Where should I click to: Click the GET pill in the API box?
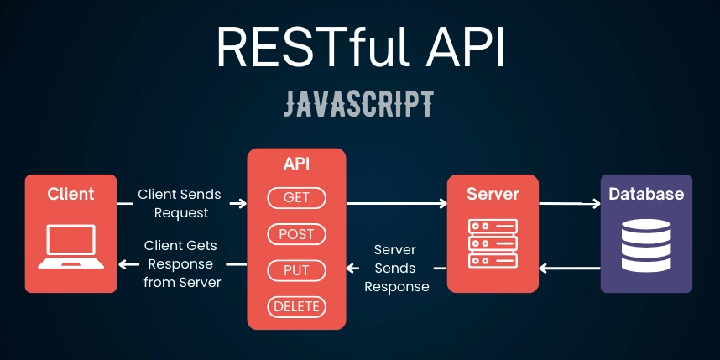coord(296,198)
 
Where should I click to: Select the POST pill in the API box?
coord(296,234)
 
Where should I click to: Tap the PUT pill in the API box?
coord(296,270)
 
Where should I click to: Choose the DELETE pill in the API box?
coord(296,307)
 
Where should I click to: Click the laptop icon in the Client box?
coord(70,247)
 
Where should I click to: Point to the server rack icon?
coord(493,243)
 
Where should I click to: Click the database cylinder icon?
coord(646,245)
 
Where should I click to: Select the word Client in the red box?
coord(70,194)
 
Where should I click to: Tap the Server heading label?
coord(493,194)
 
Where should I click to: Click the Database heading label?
coord(646,194)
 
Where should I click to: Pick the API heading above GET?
coord(296,164)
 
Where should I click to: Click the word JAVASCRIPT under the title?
coord(358,104)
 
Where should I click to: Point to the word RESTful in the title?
coord(312,46)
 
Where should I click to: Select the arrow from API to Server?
coord(397,203)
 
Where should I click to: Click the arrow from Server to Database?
coord(570,203)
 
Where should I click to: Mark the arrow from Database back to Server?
coord(570,268)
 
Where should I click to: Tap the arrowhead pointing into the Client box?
coord(123,264)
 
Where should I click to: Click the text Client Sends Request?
coord(180,203)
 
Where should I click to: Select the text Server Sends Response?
coord(397,269)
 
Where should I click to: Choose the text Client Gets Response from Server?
coord(182,264)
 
